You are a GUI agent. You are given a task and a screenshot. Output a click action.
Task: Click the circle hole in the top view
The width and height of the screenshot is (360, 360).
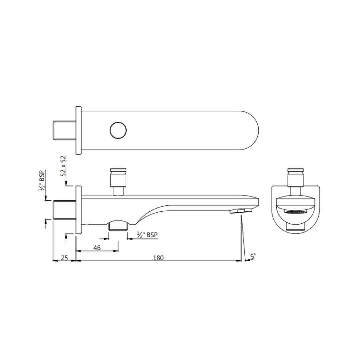point(118,130)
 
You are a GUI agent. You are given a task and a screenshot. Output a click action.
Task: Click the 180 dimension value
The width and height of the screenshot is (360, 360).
point(158,258)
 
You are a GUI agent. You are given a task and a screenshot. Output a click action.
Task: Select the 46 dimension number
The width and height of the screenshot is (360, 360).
point(97,248)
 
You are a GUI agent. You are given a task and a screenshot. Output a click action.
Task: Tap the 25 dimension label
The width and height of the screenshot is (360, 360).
point(64,258)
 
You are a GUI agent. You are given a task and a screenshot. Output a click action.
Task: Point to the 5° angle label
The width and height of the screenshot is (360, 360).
point(253,256)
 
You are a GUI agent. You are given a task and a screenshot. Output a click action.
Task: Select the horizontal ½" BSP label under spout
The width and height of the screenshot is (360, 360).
point(147,235)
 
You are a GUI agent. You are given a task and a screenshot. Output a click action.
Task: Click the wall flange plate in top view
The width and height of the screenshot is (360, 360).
point(78,130)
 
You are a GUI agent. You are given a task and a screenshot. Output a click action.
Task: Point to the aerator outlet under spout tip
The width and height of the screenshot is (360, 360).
point(241,211)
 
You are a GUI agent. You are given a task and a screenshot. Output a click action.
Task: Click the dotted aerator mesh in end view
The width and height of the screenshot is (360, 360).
point(295,212)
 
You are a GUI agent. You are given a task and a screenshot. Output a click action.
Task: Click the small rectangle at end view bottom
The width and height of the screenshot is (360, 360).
point(295,227)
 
